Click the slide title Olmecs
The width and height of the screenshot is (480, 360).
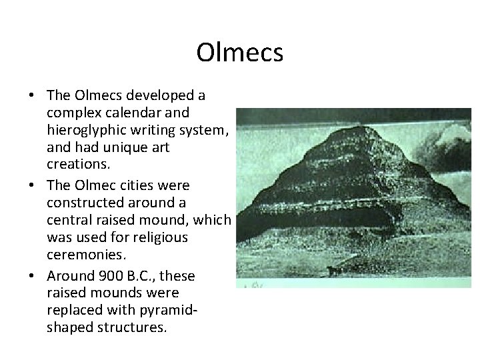(239, 53)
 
